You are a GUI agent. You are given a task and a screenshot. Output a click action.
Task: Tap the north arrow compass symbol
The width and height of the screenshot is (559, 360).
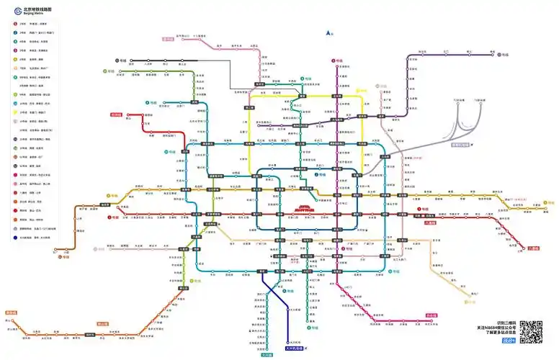[x=328, y=32]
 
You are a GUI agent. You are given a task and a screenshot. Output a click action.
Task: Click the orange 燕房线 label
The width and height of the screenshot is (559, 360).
[x=11, y=313]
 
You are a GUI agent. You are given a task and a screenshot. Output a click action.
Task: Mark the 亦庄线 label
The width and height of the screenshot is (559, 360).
[x=432, y=315]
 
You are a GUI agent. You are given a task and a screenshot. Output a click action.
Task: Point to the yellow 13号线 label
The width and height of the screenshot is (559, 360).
[x=362, y=91]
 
